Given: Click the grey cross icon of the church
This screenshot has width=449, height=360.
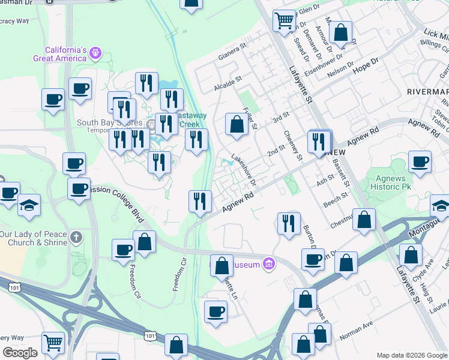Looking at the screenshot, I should click(x=76, y=238).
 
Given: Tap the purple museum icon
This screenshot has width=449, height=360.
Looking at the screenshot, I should click(x=268, y=264).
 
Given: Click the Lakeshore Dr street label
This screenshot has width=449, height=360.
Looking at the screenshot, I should click(x=244, y=171).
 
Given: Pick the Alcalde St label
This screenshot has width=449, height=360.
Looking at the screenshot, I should click(x=228, y=83).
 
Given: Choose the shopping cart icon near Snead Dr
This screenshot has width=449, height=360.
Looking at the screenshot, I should click(x=284, y=21).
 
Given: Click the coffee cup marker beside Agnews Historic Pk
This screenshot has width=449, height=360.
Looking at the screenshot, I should click(x=420, y=161).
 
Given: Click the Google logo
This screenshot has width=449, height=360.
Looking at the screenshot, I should click(x=20, y=353).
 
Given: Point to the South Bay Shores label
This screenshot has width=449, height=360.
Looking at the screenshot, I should click(x=103, y=123).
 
